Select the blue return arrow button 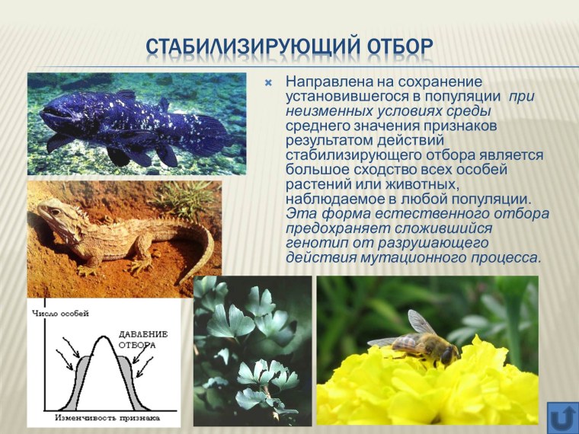pyautogui.click(x=562, y=418)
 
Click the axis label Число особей pyautogui.click(x=60, y=313)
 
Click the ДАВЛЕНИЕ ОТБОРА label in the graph pyautogui.click(x=142, y=340)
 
